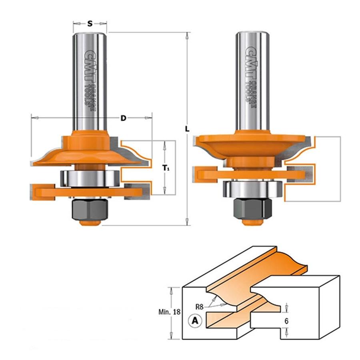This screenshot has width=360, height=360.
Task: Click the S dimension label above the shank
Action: click(x=90, y=24)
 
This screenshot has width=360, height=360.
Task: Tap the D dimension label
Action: click(x=124, y=118)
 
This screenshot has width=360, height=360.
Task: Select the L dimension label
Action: click(x=187, y=129)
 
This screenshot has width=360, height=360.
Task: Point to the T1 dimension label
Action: click(x=166, y=168)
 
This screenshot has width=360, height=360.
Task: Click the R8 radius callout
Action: click(x=200, y=306)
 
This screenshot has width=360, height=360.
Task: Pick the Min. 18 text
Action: click(x=170, y=312)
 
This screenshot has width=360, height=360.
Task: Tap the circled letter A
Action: click(x=195, y=320)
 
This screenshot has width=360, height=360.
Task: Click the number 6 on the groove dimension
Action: click(x=286, y=321)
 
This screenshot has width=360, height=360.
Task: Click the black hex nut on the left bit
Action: click(x=90, y=209)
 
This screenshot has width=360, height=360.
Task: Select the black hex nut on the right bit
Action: click(x=252, y=208)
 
